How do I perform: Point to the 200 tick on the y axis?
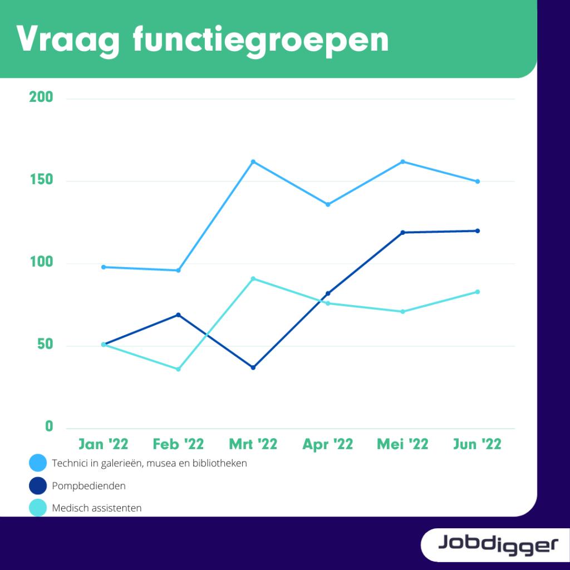pos(41,97)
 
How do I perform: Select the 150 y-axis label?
pos(41,180)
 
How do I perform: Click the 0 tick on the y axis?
pos(49,426)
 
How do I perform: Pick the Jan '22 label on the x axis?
pos(104,444)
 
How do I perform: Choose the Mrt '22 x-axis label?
pos(253,444)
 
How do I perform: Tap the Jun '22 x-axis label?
pos(477,444)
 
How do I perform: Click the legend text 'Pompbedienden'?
pos(89,486)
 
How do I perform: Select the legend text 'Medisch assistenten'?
pos(97,508)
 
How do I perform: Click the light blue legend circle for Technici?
pos(38,463)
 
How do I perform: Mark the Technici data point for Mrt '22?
pos(253,162)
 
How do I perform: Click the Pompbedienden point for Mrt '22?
pos(253,367)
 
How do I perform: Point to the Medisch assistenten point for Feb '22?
pos(179,370)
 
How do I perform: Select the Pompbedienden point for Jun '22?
pos(478,231)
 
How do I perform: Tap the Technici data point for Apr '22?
pos(328,205)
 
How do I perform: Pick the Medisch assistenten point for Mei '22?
pos(403,312)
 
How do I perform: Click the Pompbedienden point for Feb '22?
pos(179,315)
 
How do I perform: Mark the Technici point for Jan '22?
pos(104,267)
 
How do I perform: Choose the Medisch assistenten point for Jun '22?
pos(478,292)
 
